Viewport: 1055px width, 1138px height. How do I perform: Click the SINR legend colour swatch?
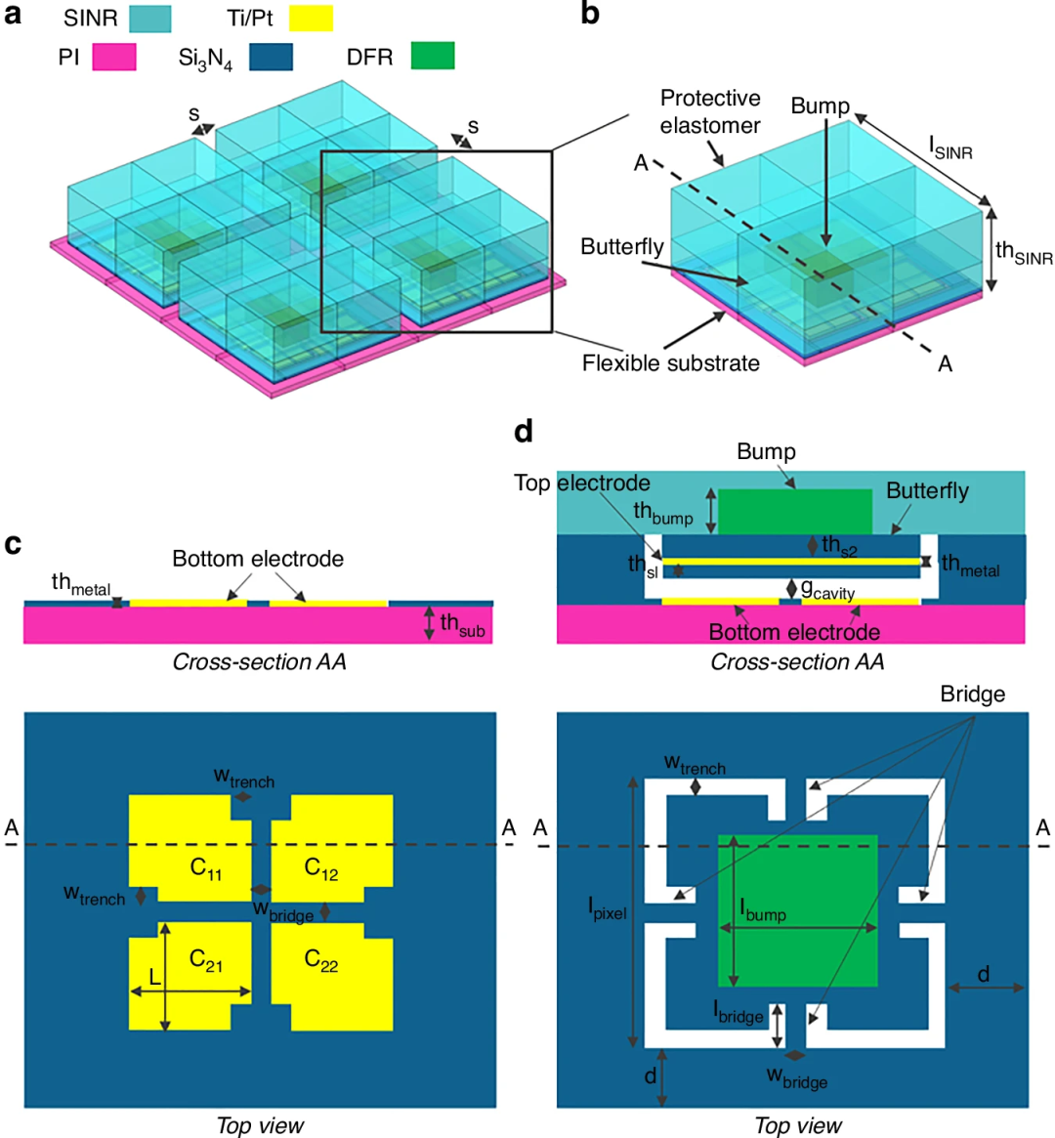(x=150, y=19)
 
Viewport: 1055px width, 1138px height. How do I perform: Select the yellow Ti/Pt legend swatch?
(x=312, y=19)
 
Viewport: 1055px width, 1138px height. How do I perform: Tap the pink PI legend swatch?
(x=114, y=57)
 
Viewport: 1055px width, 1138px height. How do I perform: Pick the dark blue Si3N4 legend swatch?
(x=271, y=57)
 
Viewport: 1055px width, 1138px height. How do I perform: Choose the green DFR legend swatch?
(x=433, y=56)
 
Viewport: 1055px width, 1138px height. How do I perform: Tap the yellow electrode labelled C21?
(x=190, y=976)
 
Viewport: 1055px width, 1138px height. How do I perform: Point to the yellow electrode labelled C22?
(x=332, y=976)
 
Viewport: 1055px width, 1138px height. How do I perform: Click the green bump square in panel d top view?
(x=797, y=910)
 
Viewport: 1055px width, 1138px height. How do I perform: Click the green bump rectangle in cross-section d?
(x=795, y=512)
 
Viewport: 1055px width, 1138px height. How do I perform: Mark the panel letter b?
(x=590, y=15)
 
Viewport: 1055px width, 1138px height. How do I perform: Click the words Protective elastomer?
(x=709, y=111)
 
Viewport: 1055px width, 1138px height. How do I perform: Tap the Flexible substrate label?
(x=670, y=362)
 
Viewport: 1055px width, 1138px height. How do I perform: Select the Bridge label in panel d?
(x=972, y=695)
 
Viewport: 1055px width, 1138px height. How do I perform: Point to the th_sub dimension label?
(x=462, y=625)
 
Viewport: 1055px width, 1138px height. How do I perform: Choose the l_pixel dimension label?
(x=608, y=908)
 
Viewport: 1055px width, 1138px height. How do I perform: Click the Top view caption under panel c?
(x=260, y=1125)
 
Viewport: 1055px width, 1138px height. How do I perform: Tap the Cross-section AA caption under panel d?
(x=797, y=662)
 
